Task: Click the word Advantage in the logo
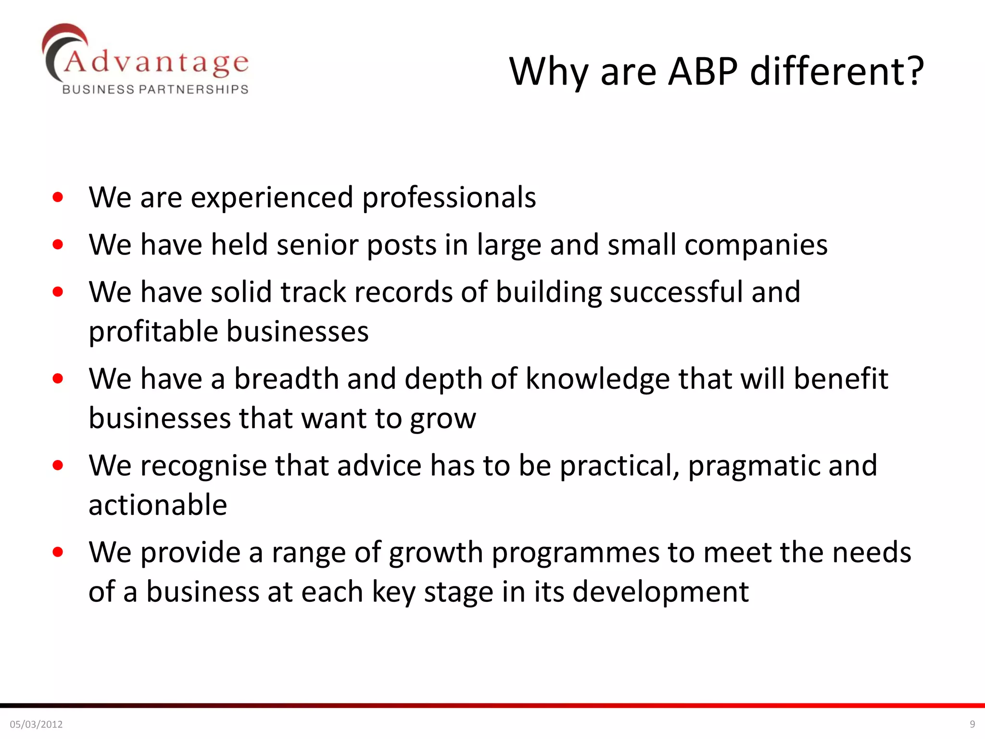pyautogui.click(x=156, y=63)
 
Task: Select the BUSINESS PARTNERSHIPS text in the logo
pyautogui.click(x=155, y=89)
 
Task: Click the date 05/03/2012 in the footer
pyautogui.click(x=37, y=724)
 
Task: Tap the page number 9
pyautogui.click(x=972, y=724)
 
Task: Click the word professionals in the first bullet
pyautogui.click(x=449, y=198)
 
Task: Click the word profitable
pyautogui.click(x=153, y=332)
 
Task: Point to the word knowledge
pyautogui.click(x=597, y=379)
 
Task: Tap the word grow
pyautogui.click(x=443, y=419)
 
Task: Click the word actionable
pyautogui.click(x=158, y=505)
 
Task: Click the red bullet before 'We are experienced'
pyautogui.click(x=58, y=197)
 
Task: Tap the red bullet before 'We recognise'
pyautogui.click(x=58, y=465)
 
